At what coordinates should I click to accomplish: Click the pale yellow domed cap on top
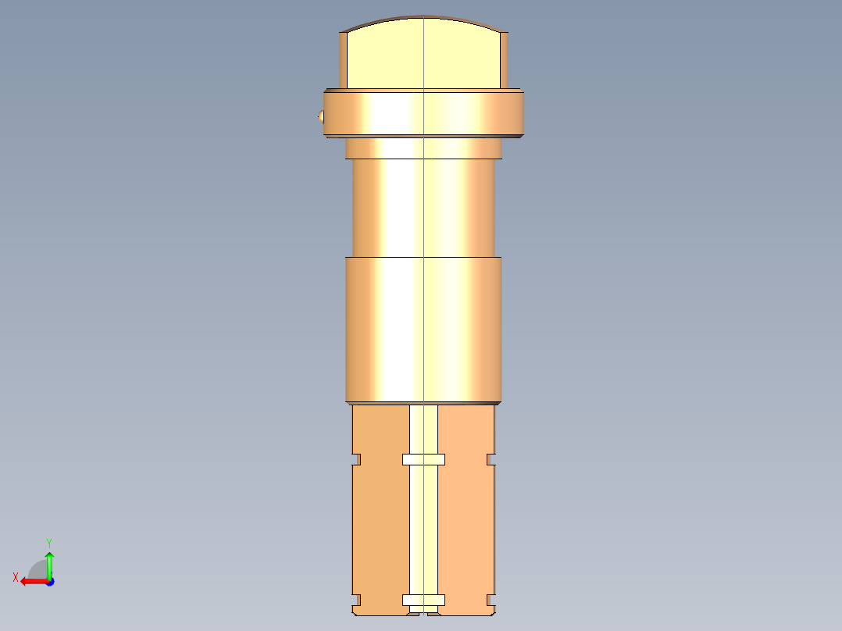click(423, 53)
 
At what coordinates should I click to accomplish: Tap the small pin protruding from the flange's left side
click(320, 117)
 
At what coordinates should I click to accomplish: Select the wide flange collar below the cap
click(423, 114)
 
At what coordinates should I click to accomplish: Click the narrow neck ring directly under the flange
click(423, 148)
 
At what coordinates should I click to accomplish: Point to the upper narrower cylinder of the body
click(423, 207)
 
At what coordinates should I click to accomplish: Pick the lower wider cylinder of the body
click(423, 328)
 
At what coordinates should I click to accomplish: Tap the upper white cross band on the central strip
click(423, 459)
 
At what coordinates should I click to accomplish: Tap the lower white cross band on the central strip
click(423, 600)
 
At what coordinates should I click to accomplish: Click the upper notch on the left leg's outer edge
click(356, 459)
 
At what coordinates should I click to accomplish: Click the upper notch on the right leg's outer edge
click(491, 459)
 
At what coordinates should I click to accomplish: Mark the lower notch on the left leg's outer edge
click(356, 600)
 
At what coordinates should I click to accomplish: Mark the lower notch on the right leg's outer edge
click(491, 600)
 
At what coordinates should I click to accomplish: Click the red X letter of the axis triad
click(15, 577)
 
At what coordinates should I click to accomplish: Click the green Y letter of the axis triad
click(48, 542)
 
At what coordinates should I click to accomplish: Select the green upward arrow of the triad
click(49, 562)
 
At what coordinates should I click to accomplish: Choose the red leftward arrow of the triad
click(31, 581)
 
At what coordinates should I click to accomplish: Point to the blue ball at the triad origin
click(49, 582)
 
